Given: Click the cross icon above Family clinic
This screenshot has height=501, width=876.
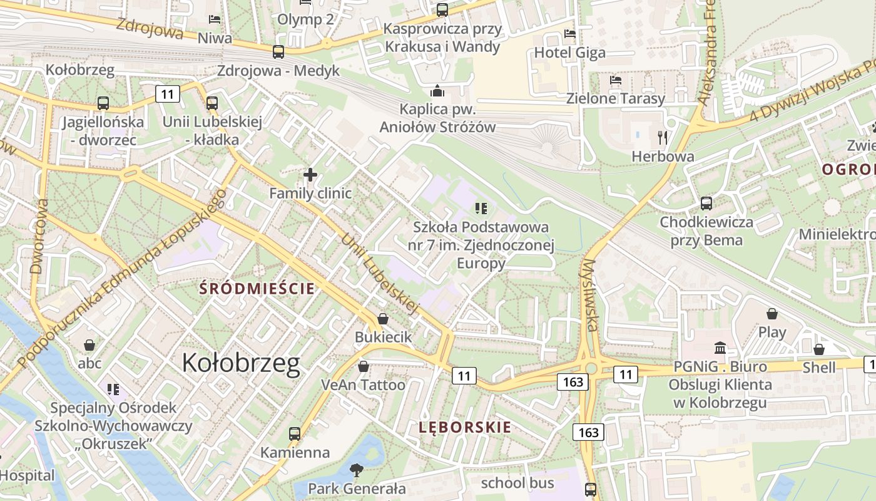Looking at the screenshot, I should pos(310,175).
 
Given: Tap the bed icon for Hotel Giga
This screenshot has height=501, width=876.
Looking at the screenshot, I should pos(569,34).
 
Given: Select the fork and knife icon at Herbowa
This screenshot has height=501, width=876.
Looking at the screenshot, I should pos(663,137).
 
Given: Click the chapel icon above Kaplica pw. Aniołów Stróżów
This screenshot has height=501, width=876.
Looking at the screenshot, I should pos(437,91).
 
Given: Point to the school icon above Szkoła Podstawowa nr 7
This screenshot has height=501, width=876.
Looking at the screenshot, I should pos(481,208).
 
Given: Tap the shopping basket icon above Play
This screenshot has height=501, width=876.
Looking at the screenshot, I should pos(772,314).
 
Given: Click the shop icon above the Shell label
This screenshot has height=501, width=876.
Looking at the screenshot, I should pos(818,349).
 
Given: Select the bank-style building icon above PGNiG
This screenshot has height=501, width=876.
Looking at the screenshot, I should pos(720,348).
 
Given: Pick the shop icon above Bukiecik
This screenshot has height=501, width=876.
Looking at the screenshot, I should pos(383,319).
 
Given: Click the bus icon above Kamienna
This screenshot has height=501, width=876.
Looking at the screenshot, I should pos(294,433).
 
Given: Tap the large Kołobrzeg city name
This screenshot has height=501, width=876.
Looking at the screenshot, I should pos(241,363).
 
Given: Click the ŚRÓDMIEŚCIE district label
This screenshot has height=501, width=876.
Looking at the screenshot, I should pos(257,289).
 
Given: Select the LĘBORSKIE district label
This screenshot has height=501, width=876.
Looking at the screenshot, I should pos(464,428).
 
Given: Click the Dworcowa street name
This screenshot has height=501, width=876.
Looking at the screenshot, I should pos(37,237).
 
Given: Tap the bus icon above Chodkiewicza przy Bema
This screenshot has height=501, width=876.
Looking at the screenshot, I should pos(706,204).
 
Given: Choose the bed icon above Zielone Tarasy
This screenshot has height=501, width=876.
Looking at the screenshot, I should pos(616,80).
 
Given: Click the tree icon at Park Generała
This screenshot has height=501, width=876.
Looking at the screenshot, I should pos(357,470).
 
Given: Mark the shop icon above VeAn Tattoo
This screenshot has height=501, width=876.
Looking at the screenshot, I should pos(363,366).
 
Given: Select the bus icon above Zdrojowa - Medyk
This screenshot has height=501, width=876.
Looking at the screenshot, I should pos(278,52).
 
